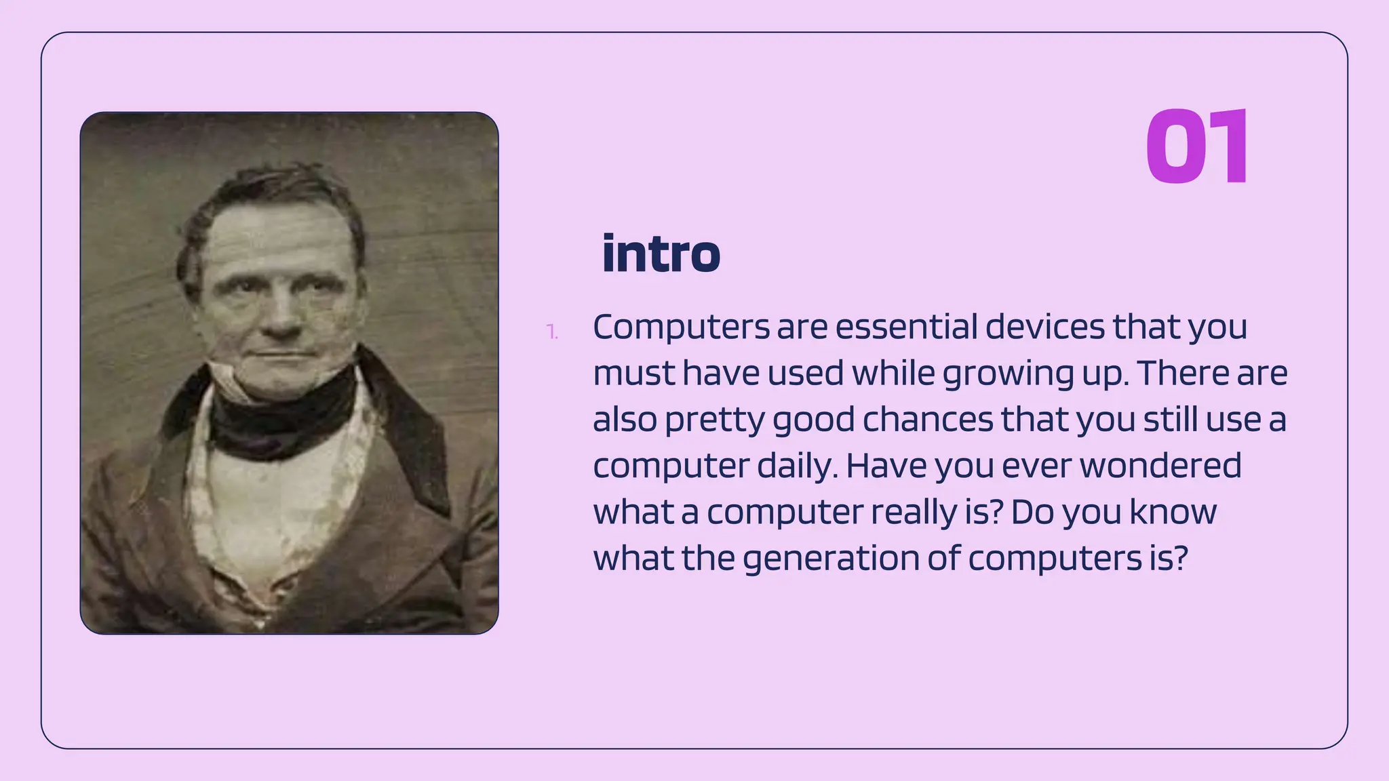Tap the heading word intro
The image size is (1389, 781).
pyautogui.click(x=661, y=254)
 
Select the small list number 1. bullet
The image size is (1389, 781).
pyautogui.click(x=552, y=332)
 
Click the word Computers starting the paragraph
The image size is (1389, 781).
pyautogui.click(x=681, y=327)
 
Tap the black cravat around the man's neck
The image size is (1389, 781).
pyautogui.click(x=281, y=414)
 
